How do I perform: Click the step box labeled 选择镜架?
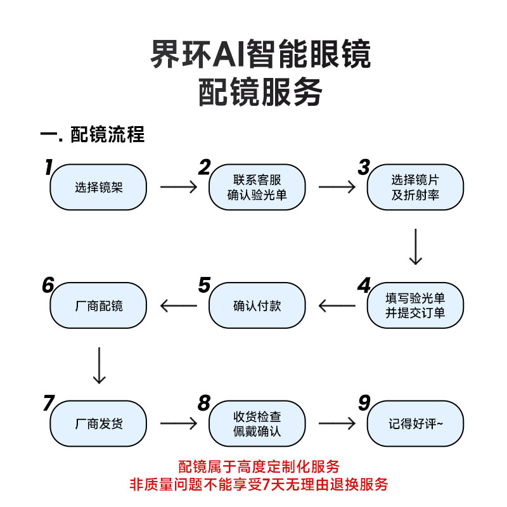98,187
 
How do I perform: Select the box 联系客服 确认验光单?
257,187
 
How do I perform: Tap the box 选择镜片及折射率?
415,187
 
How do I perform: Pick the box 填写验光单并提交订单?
415,305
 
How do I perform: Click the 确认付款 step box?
257,305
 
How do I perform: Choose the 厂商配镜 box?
98,305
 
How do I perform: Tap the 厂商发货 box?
98,423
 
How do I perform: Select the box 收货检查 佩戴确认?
257,423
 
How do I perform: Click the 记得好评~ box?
415,423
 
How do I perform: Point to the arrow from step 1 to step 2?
179,187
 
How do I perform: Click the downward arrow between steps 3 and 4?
416,247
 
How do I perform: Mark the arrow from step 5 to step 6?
179,305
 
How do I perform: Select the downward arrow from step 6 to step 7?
99,366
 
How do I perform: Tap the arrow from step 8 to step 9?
337,423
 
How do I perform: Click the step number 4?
364,286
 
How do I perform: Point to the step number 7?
49,403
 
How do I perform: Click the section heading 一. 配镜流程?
92,134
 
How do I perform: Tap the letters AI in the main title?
229,54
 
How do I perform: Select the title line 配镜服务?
260,92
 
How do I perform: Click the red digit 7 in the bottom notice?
266,484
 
